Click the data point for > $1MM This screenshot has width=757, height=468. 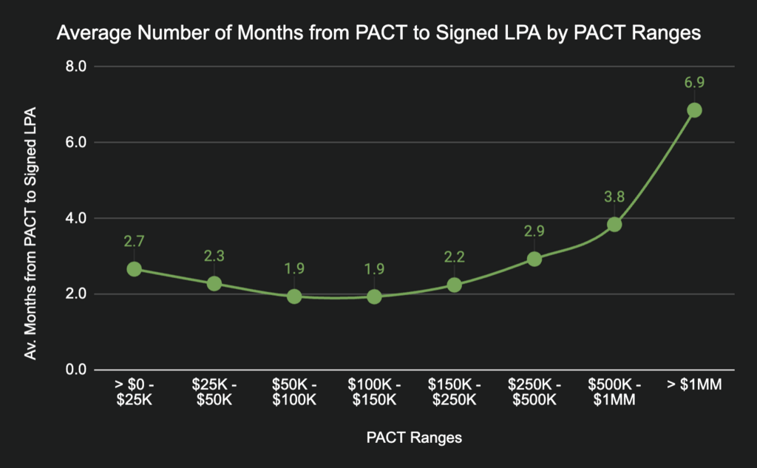(694, 110)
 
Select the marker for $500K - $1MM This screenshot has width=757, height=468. (614, 224)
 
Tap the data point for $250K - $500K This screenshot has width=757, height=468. (534, 259)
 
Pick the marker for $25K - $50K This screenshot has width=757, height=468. (214, 283)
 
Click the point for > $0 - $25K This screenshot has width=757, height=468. (134, 269)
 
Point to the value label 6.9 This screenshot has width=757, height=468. (694, 82)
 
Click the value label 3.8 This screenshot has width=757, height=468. (614, 197)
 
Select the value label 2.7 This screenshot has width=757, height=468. (134, 241)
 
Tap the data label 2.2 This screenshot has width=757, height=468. (454, 257)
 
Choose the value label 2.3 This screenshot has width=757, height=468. (214, 256)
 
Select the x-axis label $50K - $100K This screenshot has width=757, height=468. (294, 393)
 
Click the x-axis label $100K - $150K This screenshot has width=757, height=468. (374, 393)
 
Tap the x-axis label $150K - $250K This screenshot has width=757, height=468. (454, 393)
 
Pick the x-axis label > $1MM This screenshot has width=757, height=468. (694, 385)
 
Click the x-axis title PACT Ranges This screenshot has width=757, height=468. (414, 438)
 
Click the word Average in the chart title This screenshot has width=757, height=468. (88, 33)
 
